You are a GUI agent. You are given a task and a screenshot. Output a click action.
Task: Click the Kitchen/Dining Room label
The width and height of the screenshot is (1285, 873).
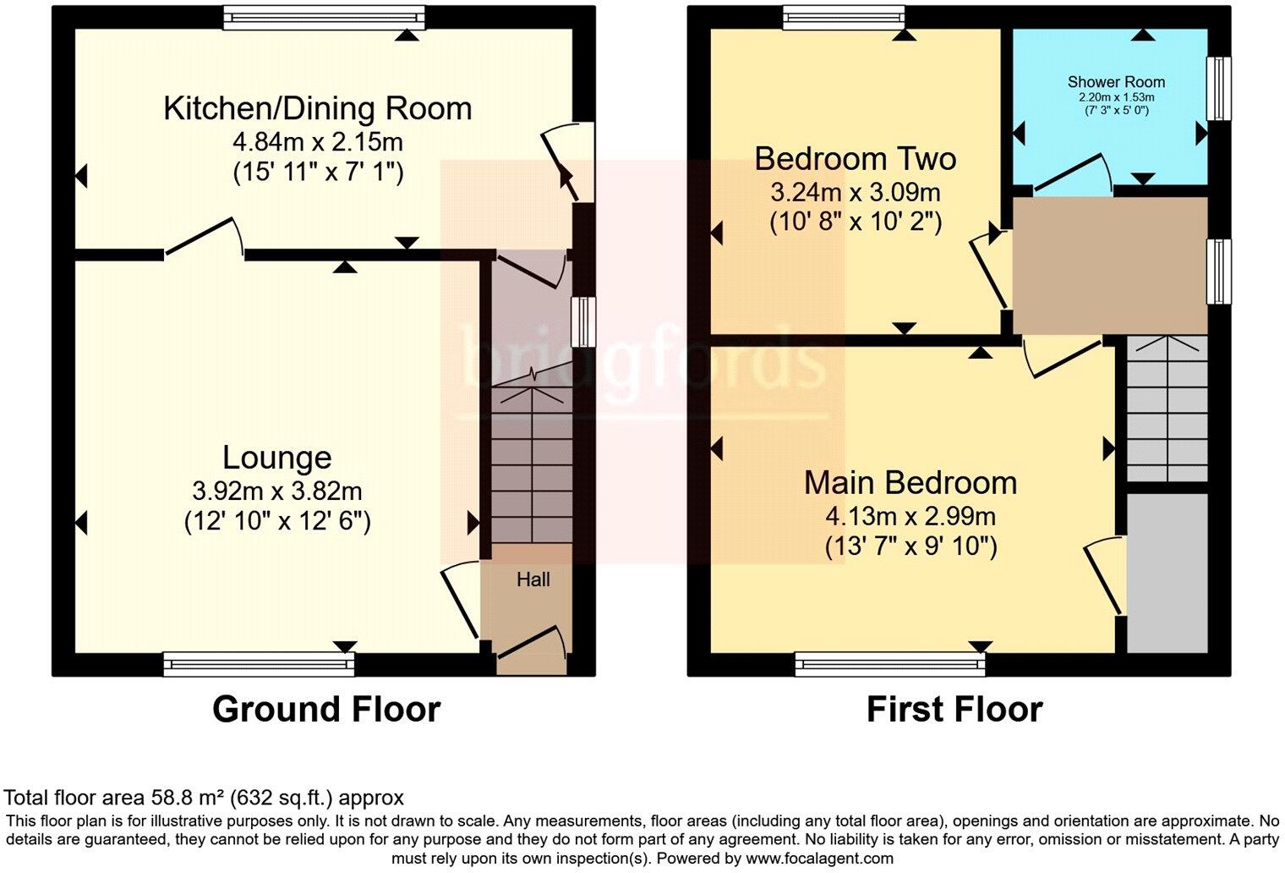point(317,108)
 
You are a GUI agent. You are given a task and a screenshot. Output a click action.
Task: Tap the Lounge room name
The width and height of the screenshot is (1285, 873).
point(276,458)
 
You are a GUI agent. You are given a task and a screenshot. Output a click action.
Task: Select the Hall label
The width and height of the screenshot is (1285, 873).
point(533,579)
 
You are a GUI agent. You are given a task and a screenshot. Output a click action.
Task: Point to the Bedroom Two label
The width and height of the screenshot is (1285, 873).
point(855,158)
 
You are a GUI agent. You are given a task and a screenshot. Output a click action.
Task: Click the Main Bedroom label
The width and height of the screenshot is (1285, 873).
point(910,482)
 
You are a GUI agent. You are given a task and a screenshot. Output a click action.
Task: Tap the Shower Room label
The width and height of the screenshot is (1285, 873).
point(1116,82)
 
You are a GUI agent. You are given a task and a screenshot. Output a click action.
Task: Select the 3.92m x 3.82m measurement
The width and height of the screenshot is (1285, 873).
point(277,491)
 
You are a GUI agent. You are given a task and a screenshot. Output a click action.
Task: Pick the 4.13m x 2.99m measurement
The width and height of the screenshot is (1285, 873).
point(910,515)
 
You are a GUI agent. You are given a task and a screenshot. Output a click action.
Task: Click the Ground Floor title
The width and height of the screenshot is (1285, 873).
point(326,709)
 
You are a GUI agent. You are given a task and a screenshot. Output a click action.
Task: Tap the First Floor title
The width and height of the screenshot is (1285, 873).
point(954,709)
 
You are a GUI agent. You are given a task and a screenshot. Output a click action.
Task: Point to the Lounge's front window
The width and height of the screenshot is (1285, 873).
point(259,665)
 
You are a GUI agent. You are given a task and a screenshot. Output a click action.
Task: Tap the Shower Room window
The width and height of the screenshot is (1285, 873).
point(1218,89)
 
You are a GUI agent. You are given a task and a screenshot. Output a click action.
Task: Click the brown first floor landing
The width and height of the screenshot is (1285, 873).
point(1109,265)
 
